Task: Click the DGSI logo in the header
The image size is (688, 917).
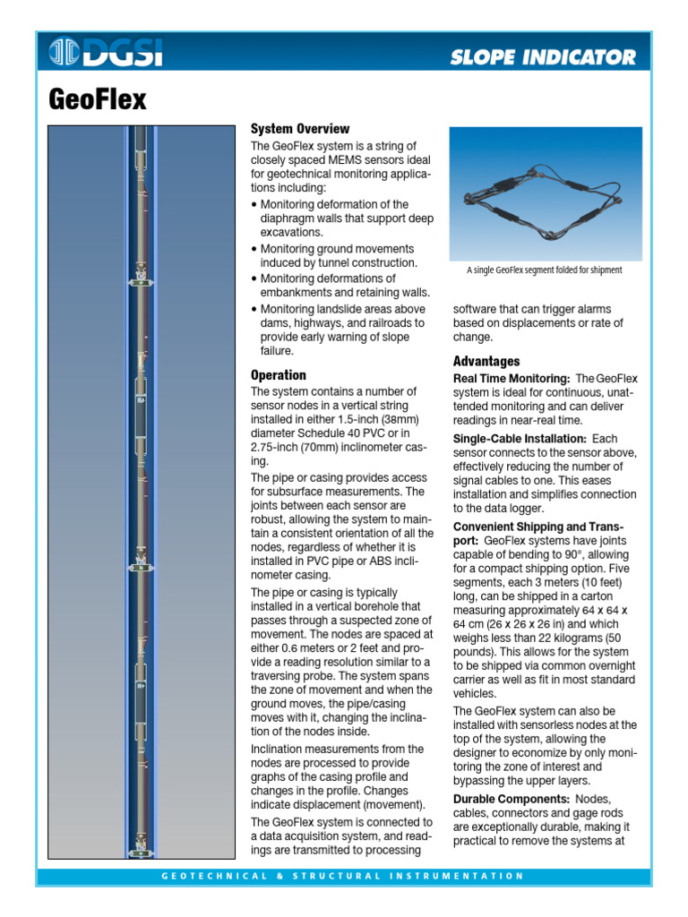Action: pos(106,53)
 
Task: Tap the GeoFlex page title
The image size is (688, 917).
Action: pos(97,99)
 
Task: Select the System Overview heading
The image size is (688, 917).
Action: pos(300,129)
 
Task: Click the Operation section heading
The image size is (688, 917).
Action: pos(279,375)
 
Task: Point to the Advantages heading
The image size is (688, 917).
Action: pos(486,361)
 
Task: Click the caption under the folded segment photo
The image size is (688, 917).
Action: pos(544,270)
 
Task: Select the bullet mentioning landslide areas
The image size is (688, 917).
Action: pos(336,330)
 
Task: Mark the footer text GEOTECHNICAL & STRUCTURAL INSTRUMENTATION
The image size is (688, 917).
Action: pos(343,876)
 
